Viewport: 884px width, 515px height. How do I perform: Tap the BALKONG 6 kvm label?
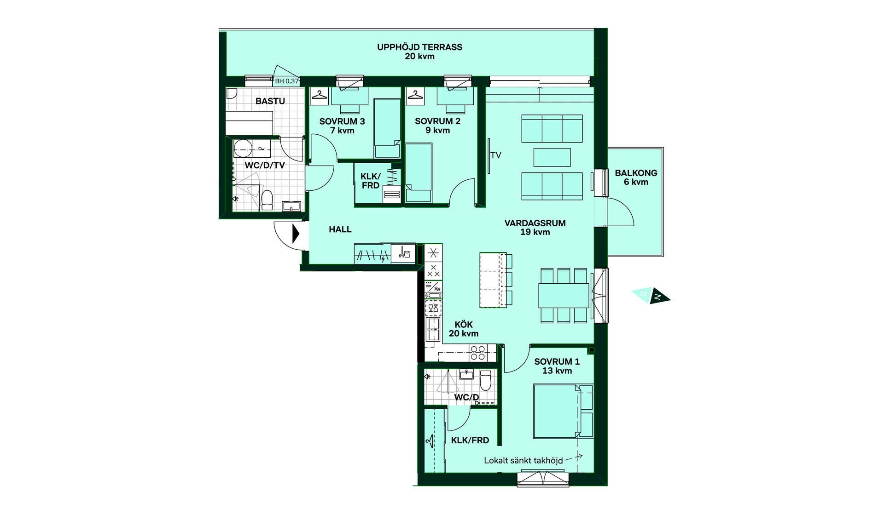pos(636,177)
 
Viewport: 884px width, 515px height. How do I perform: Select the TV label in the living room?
pos(496,155)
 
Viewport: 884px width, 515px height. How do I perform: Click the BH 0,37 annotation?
pos(287,81)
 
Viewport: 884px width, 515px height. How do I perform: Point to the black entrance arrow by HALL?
pos(296,234)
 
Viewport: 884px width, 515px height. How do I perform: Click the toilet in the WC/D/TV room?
pos(267,200)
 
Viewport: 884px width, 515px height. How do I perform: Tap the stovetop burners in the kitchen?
pos(477,353)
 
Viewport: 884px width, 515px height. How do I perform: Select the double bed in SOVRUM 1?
pos(563,411)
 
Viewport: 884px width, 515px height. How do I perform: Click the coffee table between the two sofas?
pos(552,157)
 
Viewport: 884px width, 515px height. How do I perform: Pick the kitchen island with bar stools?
pos(496,280)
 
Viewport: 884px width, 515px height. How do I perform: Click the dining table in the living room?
pos(564,295)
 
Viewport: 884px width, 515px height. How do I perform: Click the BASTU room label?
pos(270,101)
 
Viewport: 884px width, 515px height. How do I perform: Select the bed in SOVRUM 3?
pos(387,128)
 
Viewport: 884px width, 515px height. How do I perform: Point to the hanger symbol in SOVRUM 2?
pos(415,95)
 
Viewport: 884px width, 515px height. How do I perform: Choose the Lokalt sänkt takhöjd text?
pos(523,460)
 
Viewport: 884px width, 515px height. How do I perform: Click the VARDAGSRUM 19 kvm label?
pos(535,228)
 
